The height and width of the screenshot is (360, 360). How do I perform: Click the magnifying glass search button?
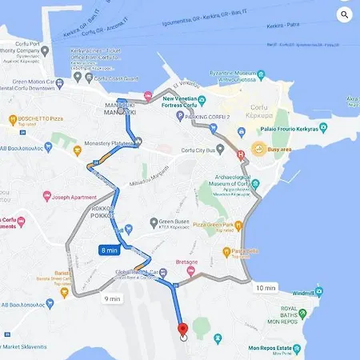(345, 14)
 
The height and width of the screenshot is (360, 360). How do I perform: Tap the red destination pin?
(182, 328)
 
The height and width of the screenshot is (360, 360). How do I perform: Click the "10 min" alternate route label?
(265, 287)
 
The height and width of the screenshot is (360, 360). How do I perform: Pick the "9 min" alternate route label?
(112, 299)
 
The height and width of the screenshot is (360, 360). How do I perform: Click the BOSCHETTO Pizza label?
(35, 120)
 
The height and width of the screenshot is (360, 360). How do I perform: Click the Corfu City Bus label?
(202, 150)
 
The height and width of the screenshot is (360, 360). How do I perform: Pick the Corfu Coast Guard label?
(117, 78)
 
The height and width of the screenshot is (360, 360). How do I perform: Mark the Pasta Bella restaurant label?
(246, 250)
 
